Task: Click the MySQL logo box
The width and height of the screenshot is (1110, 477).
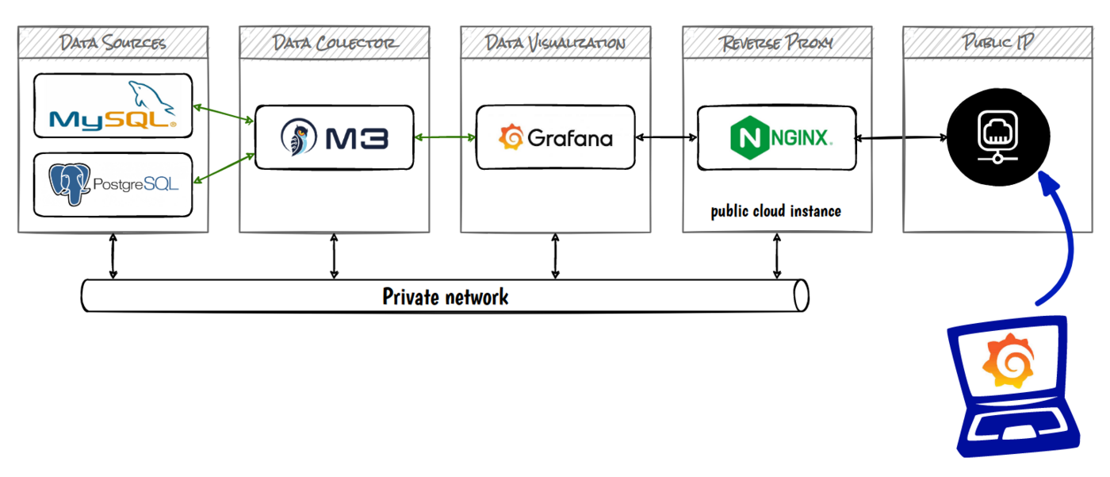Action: pyautogui.click(x=113, y=106)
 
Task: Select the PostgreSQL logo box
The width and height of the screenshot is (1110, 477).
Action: pyautogui.click(x=113, y=184)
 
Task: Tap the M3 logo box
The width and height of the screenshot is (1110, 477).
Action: pyautogui.click(x=334, y=137)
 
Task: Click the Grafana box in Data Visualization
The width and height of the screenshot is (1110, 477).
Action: pyautogui.click(x=555, y=137)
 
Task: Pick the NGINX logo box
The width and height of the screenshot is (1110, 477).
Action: pyautogui.click(x=776, y=137)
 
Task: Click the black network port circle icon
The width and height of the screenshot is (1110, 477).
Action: pyautogui.click(x=997, y=137)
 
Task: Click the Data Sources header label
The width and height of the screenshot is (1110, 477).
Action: pyautogui.click(x=113, y=42)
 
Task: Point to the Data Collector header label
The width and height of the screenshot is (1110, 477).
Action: pyautogui.click(x=334, y=42)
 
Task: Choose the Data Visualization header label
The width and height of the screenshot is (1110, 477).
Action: pyautogui.click(x=555, y=42)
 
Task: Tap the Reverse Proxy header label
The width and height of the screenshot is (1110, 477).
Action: pyautogui.click(x=776, y=42)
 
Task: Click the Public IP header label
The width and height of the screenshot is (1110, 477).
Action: pyautogui.click(x=997, y=42)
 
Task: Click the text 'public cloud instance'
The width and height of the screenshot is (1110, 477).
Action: pyautogui.click(x=775, y=211)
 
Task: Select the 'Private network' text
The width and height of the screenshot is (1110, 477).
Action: pyautogui.click(x=446, y=297)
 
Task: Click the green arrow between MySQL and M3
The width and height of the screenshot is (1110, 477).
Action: pyautogui.click(x=224, y=113)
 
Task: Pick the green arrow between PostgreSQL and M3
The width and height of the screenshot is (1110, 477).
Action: pyautogui.click(x=224, y=169)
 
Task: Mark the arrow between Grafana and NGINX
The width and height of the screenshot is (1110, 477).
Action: pyautogui.click(x=666, y=138)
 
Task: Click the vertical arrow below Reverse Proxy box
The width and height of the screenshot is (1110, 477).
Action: pyautogui.click(x=776, y=256)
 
